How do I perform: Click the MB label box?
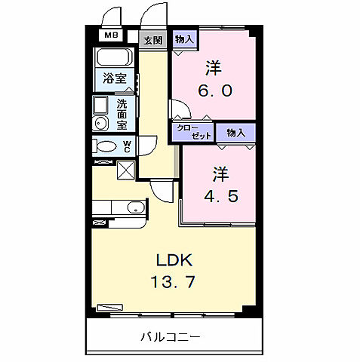point(110,35)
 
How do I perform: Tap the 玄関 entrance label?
point(153,41)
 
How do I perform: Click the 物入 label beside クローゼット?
point(235,133)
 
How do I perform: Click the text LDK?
point(174,261)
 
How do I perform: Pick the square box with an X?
point(125,170)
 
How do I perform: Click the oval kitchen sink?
point(135,207)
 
